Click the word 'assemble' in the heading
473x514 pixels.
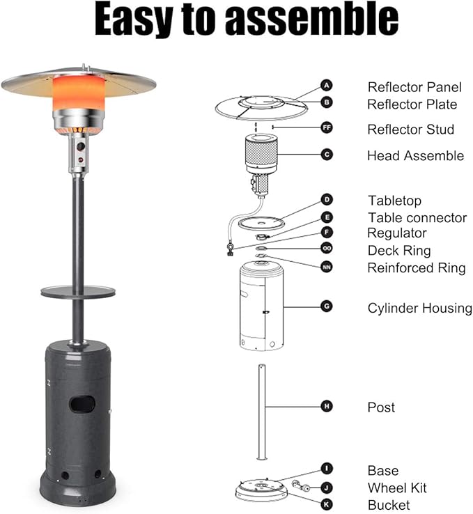click(x=311, y=19)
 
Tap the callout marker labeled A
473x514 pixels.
click(x=327, y=86)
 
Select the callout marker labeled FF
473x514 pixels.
click(x=327, y=127)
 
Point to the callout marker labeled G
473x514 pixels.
click(x=327, y=306)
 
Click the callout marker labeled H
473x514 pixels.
click(x=327, y=407)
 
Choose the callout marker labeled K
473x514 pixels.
click(x=327, y=504)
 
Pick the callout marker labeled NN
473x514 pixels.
click(x=327, y=267)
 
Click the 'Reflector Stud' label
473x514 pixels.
click(x=411, y=129)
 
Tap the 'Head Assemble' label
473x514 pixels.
click(x=415, y=156)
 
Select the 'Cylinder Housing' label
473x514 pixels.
click(x=420, y=308)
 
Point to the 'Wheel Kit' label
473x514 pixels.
click(x=397, y=488)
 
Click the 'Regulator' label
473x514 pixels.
click(x=397, y=233)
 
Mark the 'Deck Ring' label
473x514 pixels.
click(x=399, y=251)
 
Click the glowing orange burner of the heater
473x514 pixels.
click(x=79, y=93)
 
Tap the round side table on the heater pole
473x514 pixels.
click(x=78, y=291)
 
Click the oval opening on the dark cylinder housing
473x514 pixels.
click(x=82, y=404)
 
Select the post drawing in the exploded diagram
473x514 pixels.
click(x=261, y=412)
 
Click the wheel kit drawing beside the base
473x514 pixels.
click(x=301, y=486)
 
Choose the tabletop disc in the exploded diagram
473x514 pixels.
click(x=261, y=223)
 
